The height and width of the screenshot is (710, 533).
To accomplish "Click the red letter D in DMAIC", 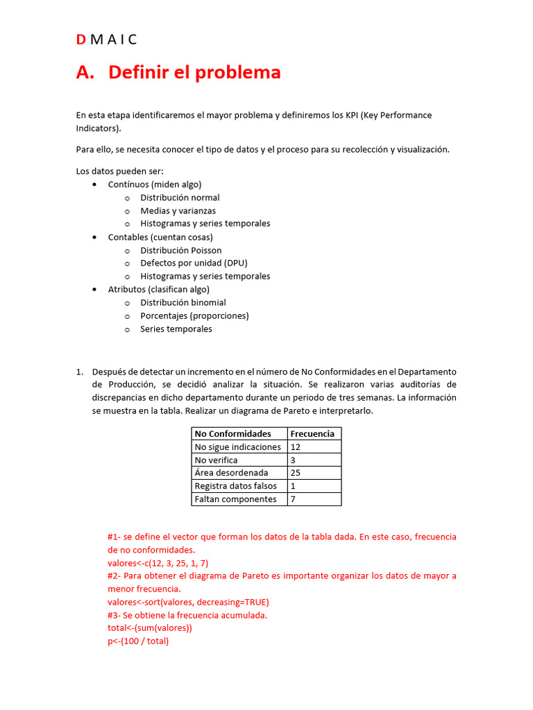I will (81, 40).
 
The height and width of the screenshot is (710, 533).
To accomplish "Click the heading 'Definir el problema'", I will (194, 72).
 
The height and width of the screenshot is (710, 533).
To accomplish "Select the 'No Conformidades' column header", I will (233, 433).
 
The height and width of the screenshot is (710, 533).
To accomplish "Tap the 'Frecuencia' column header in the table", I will (312, 433).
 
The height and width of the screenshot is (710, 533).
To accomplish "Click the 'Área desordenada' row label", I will (231, 473).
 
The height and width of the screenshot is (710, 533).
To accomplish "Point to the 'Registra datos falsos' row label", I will (235, 486).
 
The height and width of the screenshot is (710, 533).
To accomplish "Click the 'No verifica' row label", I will (216, 460).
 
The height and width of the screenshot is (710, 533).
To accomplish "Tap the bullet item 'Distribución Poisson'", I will (180, 250).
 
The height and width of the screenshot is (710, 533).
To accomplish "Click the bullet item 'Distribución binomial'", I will (183, 302).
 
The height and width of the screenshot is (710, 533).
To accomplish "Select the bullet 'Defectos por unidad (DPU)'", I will (194, 263).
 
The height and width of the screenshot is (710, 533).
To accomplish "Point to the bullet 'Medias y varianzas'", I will (178, 211).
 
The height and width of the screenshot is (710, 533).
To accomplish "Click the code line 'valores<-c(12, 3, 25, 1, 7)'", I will (158, 563).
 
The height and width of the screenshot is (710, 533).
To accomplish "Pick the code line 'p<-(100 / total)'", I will (138, 641).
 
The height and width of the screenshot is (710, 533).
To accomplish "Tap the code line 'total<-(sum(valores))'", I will (149, 628).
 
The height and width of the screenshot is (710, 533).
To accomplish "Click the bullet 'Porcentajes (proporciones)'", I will (194, 315).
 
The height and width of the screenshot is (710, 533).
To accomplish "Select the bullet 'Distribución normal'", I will (180, 198).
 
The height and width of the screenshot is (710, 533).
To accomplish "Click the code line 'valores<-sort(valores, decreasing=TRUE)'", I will (188, 602).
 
